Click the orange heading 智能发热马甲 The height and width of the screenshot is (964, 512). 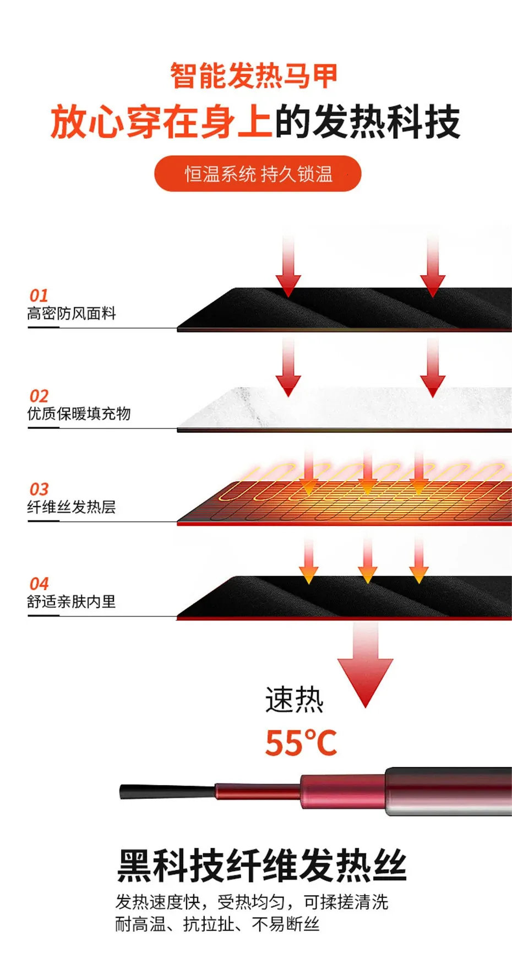[x=253, y=76]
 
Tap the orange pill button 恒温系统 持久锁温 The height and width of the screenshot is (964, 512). [x=258, y=174]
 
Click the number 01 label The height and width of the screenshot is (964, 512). [x=39, y=295]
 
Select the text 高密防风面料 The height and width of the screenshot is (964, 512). [x=72, y=313]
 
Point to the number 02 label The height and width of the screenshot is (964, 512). [x=39, y=396]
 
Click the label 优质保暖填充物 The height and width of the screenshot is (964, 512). [x=79, y=413]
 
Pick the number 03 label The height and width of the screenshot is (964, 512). [x=39, y=489]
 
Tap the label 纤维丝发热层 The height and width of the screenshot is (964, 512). [x=72, y=506]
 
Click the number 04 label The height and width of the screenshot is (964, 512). [x=39, y=584]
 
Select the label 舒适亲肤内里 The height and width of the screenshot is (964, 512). [x=72, y=601]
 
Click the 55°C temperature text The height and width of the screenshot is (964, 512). [x=301, y=743]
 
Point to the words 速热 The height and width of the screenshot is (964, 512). [x=294, y=700]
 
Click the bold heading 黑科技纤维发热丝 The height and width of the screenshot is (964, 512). [x=262, y=866]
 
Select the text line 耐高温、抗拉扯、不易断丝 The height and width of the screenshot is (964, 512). [x=217, y=924]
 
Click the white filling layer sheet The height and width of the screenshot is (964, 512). [x=352, y=409]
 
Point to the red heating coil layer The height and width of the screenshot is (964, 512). [x=352, y=498]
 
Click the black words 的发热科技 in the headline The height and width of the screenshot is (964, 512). [x=367, y=122]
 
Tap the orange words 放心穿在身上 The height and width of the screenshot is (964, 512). [x=161, y=122]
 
